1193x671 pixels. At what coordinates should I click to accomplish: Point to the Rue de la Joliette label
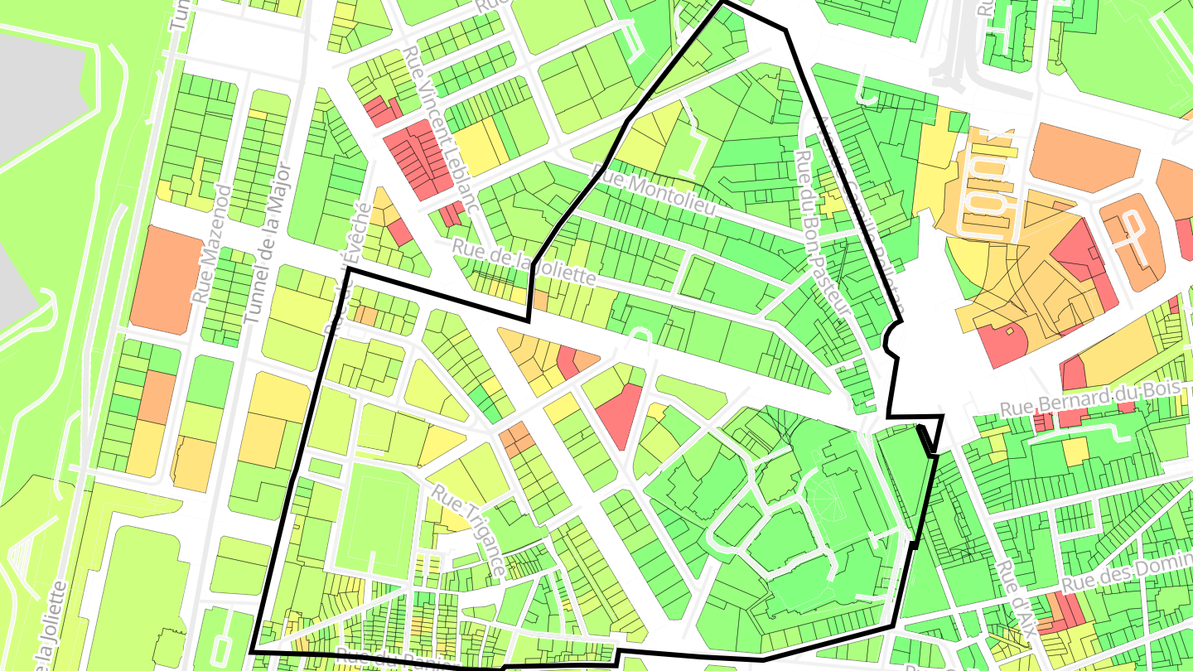(523, 261)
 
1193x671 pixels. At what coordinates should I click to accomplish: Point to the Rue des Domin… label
(1127, 572)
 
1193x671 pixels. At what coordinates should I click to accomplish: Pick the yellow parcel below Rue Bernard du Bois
(1075, 451)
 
